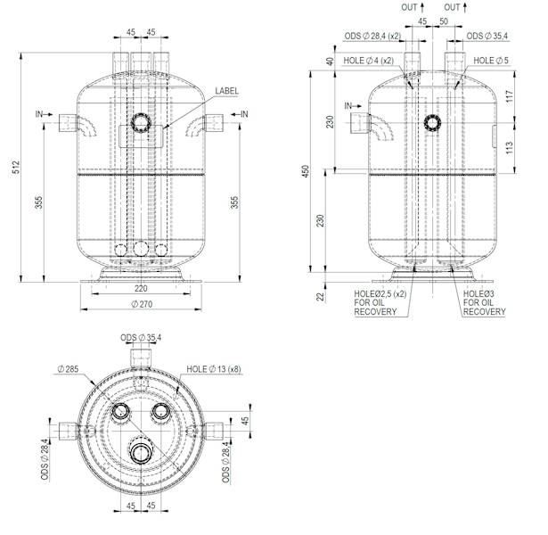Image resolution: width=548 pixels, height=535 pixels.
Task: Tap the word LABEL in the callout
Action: point(227,91)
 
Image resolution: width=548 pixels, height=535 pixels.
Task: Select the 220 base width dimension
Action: point(142,289)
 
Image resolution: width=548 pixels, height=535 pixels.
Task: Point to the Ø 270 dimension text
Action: point(142,305)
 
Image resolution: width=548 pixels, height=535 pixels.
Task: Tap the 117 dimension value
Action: point(510,96)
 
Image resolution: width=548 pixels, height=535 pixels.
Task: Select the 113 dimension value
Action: point(510,146)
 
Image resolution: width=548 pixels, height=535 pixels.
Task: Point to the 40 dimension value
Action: point(329,62)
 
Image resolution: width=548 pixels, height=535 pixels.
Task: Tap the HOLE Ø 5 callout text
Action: point(491,61)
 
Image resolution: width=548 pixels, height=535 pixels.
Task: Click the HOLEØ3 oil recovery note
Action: point(485,302)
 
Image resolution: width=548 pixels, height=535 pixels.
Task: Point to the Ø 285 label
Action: point(68,368)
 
